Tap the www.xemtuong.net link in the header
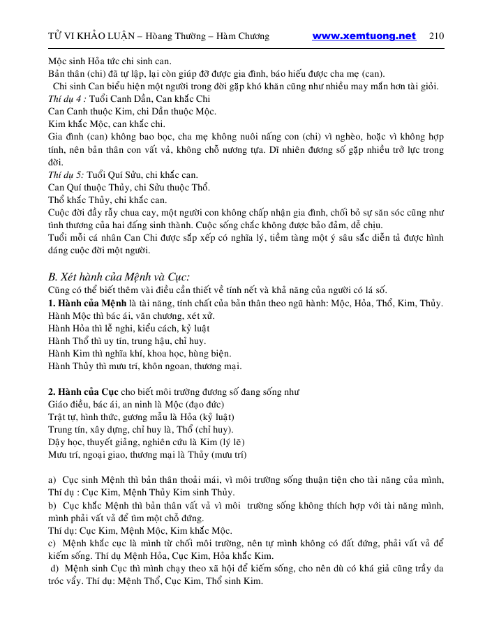click(364, 36)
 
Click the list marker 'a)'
click(52, 481)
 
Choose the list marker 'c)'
click(52, 543)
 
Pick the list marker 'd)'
click(54, 569)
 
